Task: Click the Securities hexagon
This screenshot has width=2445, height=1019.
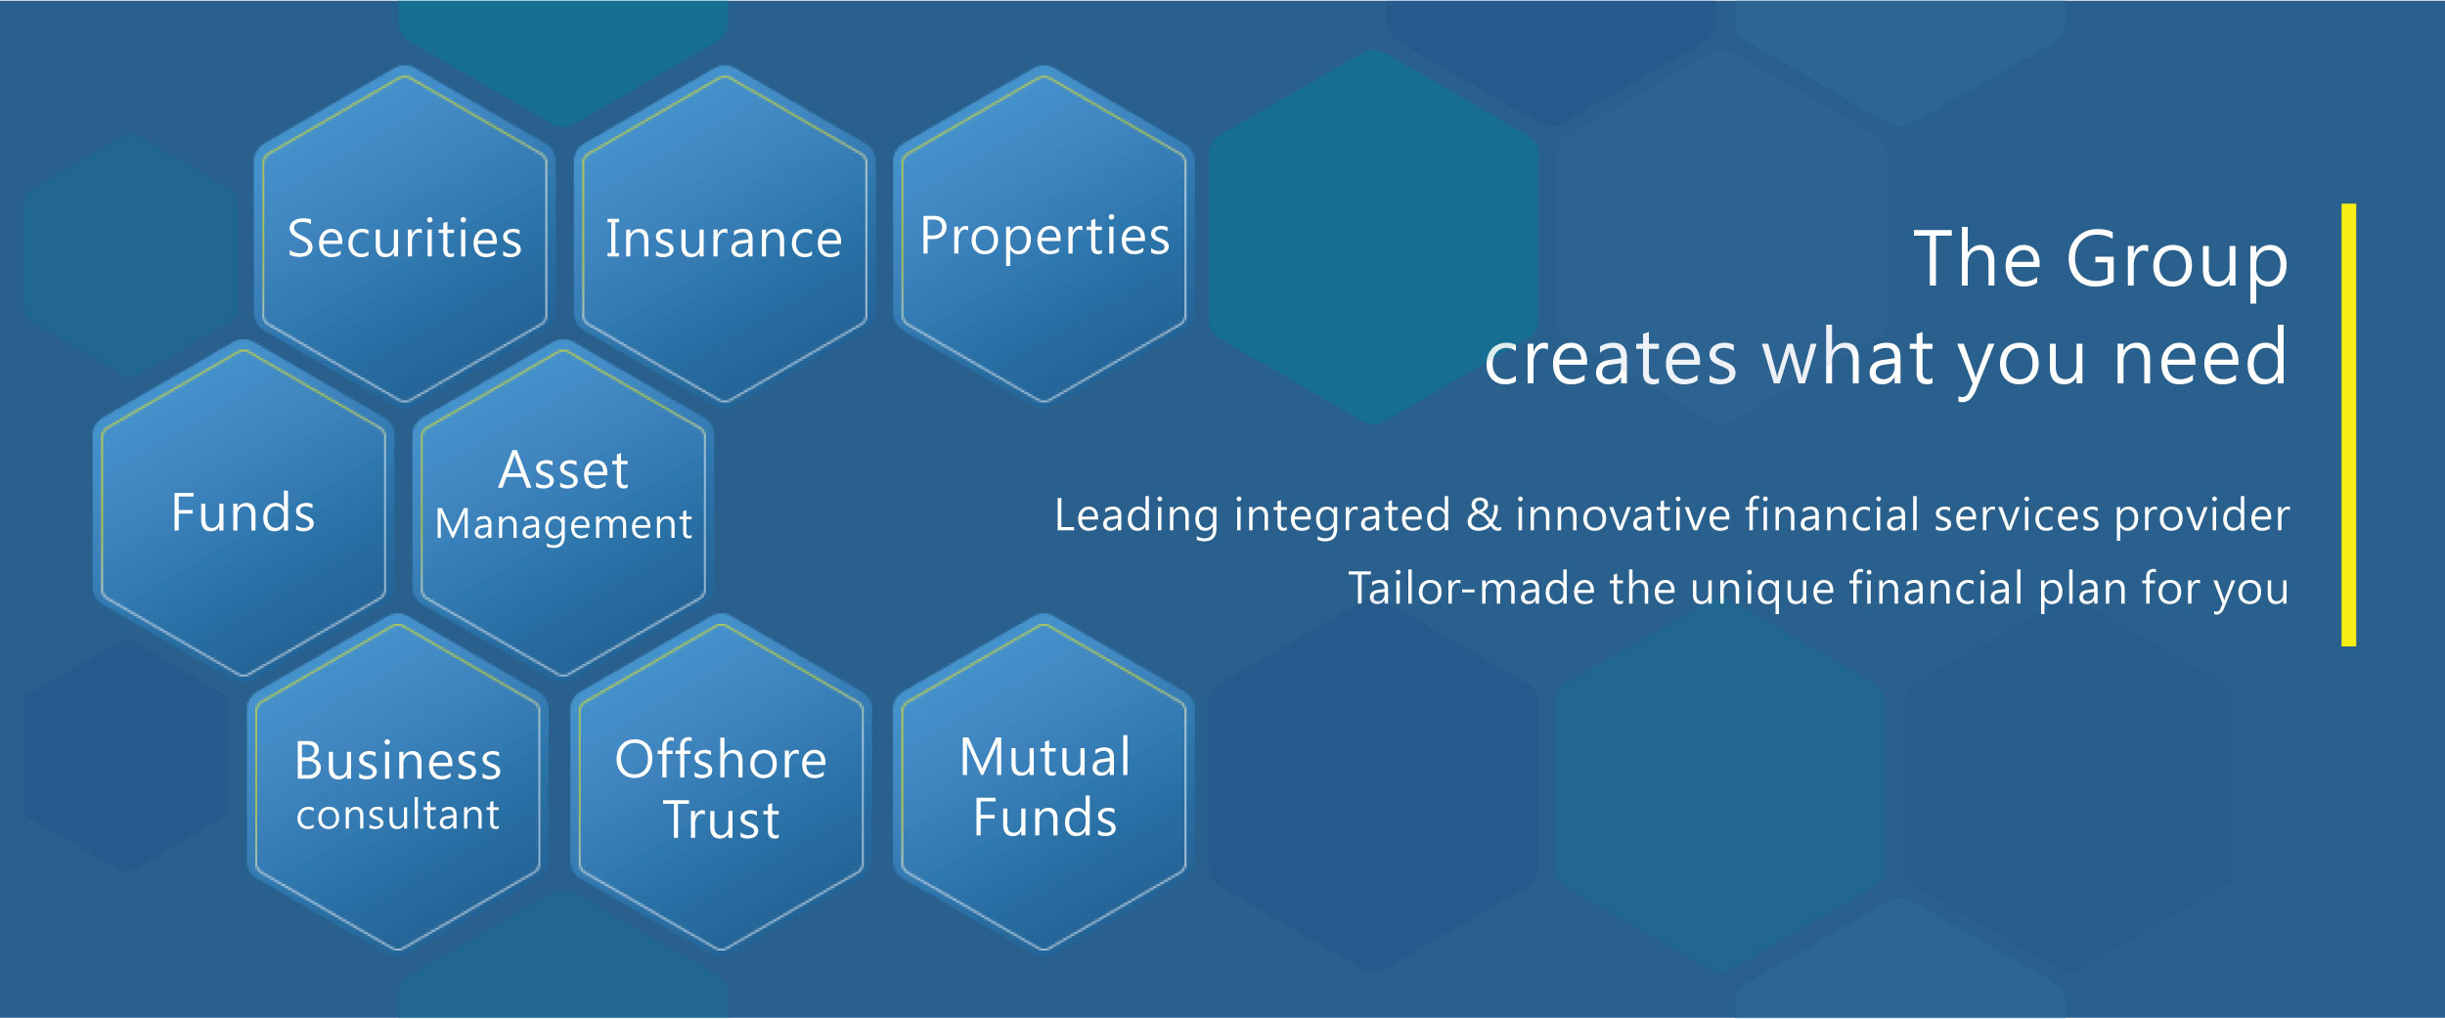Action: click(405, 235)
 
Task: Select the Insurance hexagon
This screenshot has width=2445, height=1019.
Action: click(725, 235)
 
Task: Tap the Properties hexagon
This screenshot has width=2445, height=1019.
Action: click(1044, 235)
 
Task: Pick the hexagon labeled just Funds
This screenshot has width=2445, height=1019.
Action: click(244, 509)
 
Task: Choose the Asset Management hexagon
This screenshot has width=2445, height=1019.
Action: click(563, 509)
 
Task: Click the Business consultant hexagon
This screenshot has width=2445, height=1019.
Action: click(398, 782)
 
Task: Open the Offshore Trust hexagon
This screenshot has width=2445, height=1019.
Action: click(721, 782)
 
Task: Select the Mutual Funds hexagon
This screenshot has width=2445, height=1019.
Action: click(1044, 782)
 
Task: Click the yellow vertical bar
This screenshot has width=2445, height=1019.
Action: click(2348, 424)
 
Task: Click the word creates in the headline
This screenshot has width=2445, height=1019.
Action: click(1611, 359)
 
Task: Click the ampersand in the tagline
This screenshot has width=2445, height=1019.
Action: click(1484, 514)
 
